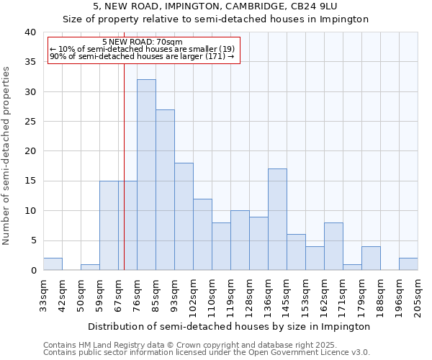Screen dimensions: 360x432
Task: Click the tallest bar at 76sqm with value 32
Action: [x=146, y=175]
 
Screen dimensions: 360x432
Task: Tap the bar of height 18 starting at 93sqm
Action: [x=184, y=217]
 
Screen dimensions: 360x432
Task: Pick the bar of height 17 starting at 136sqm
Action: [x=277, y=220]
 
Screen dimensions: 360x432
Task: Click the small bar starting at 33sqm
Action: [x=53, y=264]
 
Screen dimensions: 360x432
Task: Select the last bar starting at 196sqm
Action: [x=408, y=264]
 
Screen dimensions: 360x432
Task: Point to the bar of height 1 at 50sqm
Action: [x=90, y=267]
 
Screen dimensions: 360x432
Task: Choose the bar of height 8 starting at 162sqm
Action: [x=333, y=246]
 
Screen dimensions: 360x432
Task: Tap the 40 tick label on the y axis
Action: [x=30, y=32]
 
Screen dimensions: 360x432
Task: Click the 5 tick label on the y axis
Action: [x=32, y=240]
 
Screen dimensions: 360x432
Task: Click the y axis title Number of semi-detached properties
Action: [x=7, y=156]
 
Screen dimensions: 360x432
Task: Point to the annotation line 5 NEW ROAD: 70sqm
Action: [x=143, y=42]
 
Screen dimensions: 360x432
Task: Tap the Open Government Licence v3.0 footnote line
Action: [x=207, y=352]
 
